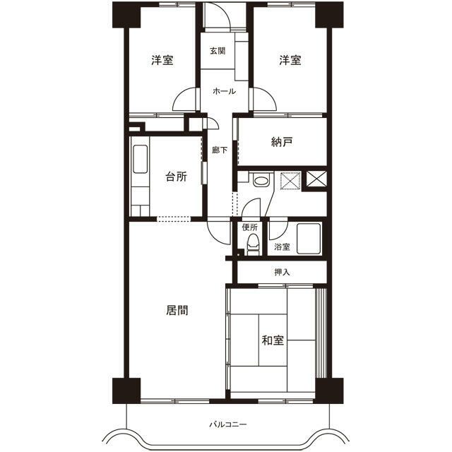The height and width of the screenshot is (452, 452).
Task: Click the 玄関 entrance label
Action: click(218, 51)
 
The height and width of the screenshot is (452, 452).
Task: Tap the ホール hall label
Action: click(225, 92)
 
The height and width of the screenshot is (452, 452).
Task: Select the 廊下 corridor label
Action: click(220, 150)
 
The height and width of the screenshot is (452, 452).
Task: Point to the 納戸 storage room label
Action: click(282, 142)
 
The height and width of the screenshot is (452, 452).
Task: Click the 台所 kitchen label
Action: click(176, 177)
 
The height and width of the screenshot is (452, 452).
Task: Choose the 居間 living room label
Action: click(177, 309)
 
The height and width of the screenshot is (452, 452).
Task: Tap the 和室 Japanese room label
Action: click(273, 341)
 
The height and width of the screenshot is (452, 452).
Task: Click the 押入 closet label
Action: click(282, 271)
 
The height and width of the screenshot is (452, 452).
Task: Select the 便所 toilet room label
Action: click(249, 227)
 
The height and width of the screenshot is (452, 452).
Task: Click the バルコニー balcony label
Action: click(227, 425)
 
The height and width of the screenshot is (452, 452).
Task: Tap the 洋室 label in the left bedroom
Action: click(162, 60)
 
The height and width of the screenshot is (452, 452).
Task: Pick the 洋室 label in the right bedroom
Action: click(289, 60)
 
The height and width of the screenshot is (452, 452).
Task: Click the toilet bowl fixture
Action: click(250, 244)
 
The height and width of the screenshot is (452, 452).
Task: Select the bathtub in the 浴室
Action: click(309, 238)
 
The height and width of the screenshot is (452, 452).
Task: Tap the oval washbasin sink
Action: click(261, 182)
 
